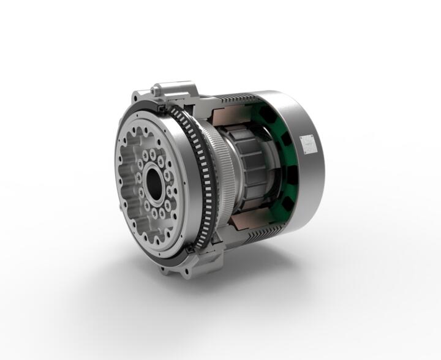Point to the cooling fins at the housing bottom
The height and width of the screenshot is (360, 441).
(x=257, y=239)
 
